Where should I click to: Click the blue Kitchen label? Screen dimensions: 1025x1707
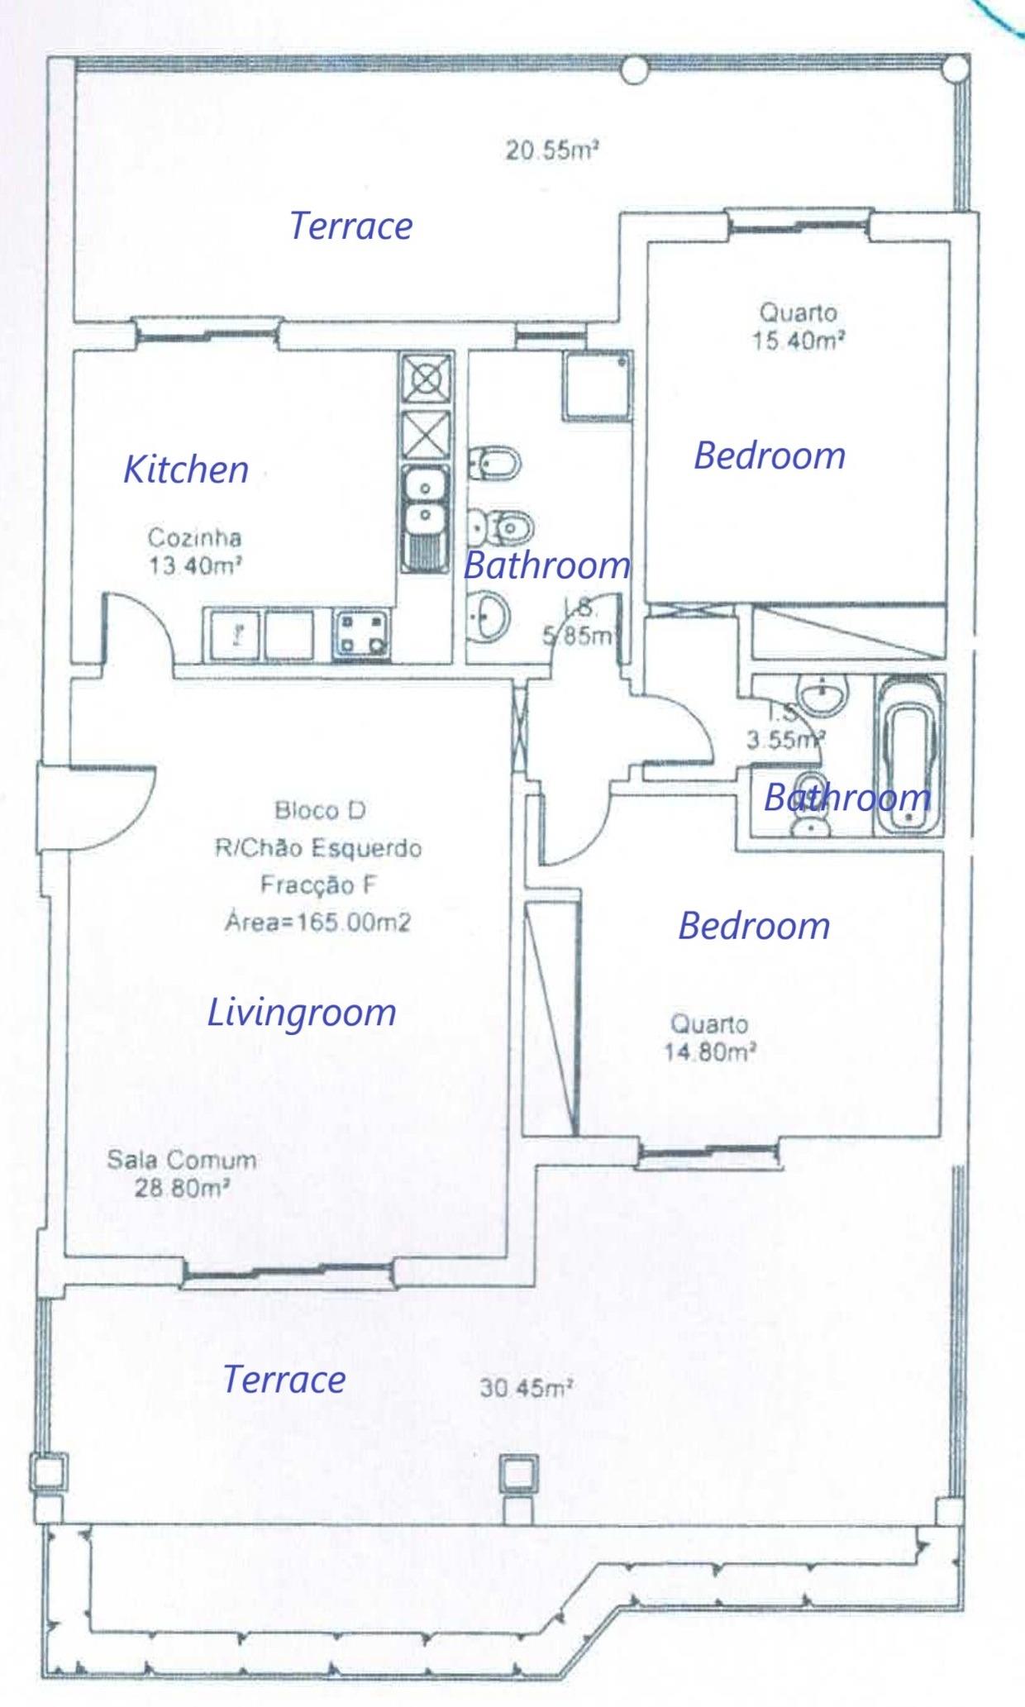(186, 470)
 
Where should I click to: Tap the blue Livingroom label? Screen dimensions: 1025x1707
(301, 1013)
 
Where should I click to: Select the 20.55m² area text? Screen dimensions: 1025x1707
(551, 150)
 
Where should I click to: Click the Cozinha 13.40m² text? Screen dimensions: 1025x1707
(195, 551)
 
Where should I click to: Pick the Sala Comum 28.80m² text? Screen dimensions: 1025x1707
(181, 1173)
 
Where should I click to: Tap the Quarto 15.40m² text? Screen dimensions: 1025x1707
(799, 327)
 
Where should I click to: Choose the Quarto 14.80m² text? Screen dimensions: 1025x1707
(710, 1038)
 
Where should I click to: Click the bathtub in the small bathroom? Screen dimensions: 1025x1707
(909, 753)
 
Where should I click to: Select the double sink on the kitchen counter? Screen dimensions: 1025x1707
(425, 518)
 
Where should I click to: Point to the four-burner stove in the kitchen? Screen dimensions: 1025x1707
(361, 634)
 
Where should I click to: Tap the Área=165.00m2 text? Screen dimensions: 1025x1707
(318, 922)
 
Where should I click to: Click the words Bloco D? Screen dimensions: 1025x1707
(320, 810)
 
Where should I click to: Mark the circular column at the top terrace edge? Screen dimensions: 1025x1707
(635, 70)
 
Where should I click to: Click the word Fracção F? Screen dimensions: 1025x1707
(318, 884)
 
